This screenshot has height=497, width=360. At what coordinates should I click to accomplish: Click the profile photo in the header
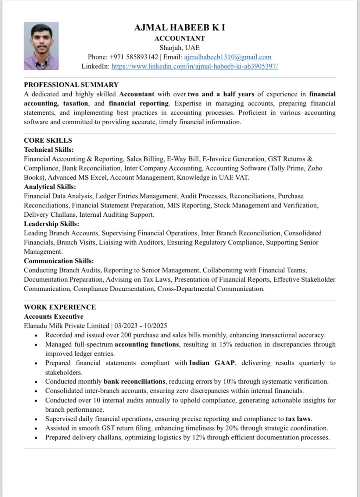pos(41,46)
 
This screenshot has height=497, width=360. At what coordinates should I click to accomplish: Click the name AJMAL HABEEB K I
pos(180,27)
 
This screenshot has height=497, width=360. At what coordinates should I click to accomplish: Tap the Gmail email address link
pos(227,57)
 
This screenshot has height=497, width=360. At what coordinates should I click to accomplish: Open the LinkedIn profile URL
pos(194,66)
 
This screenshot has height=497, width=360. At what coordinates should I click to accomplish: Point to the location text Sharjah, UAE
pos(180,47)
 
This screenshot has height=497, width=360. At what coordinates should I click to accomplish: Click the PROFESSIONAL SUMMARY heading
pos(71,85)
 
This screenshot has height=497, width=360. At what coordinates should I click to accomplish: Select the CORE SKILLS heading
pos(48,140)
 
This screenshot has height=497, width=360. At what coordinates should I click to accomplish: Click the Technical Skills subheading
pos(49,150)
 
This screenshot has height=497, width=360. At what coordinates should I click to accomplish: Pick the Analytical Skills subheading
pos(50,187)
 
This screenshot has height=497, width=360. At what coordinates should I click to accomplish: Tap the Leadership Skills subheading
pos(51,224)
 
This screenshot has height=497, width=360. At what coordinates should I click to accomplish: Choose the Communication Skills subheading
pos(59,261)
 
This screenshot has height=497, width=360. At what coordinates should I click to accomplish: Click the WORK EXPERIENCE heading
pos(60,307)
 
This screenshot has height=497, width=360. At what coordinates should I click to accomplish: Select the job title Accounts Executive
pos(53,316)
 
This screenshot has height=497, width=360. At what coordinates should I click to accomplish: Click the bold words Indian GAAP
pos(212,363)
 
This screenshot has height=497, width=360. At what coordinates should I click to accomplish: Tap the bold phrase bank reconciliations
pos(134,381)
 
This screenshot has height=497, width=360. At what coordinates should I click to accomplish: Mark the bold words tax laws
pos(298,419)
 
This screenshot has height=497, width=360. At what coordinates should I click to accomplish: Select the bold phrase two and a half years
pos(221,94)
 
